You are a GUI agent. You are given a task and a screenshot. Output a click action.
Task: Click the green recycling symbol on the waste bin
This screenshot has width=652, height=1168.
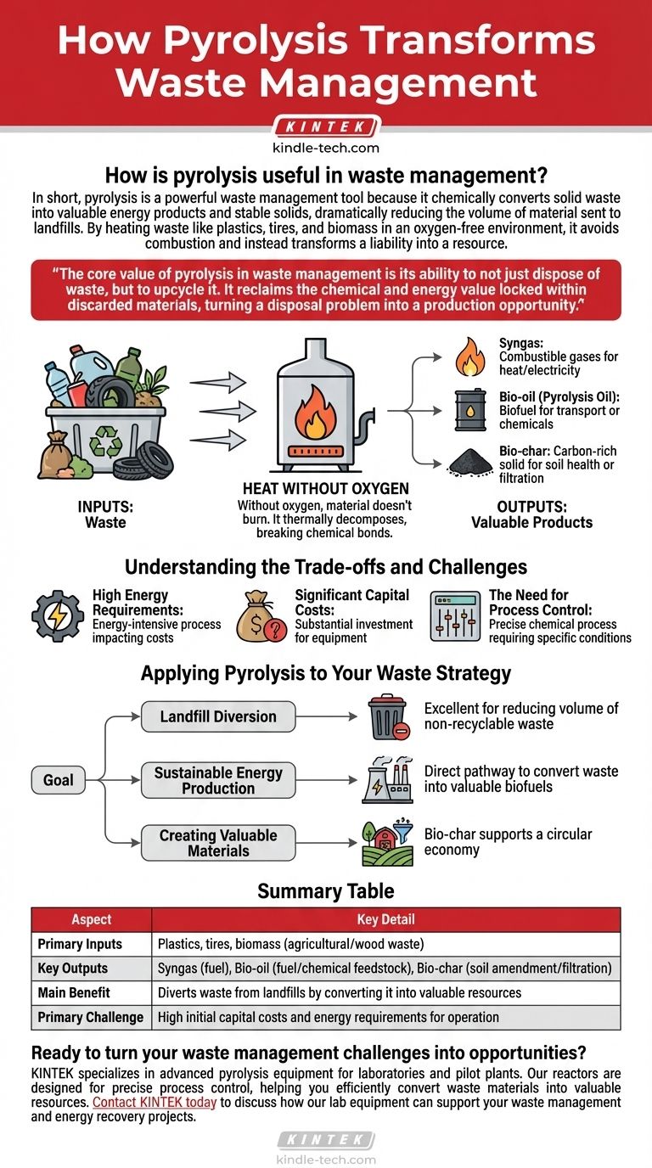105,441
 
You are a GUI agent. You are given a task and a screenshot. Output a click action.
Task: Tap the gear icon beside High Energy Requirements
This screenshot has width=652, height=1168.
58,615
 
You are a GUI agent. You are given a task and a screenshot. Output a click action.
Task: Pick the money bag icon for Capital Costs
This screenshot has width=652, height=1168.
261,615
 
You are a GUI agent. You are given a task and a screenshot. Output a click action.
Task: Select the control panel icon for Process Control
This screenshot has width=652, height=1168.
454,615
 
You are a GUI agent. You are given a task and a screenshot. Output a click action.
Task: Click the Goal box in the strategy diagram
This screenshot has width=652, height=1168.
59,779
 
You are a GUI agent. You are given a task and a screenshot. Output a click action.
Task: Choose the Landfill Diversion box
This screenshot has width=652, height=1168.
218,716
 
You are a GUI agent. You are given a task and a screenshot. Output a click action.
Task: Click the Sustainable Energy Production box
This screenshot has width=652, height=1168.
218,780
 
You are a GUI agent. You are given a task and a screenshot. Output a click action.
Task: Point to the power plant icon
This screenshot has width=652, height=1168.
387,780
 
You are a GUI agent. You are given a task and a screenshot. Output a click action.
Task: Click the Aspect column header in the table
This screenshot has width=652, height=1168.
91,919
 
